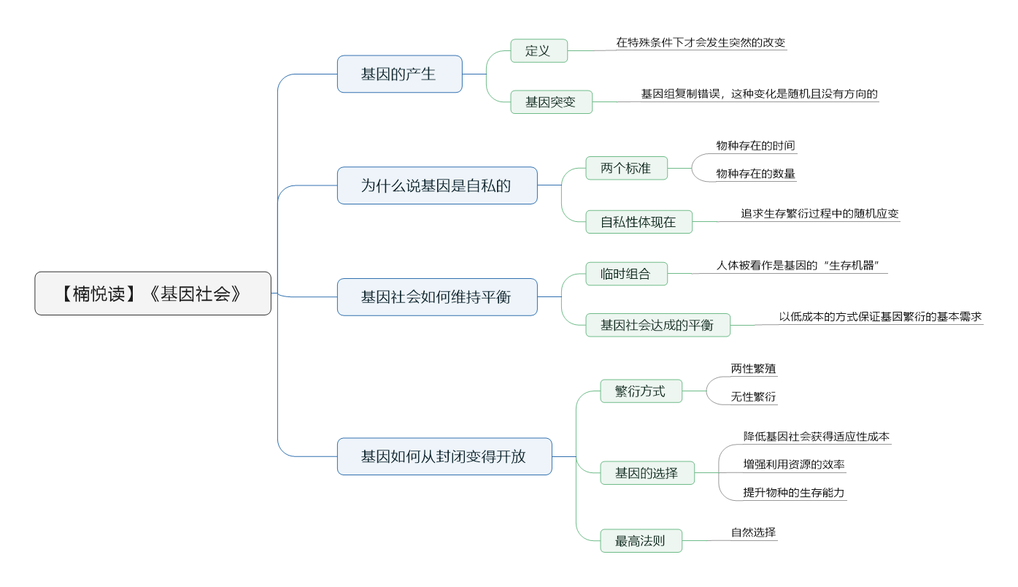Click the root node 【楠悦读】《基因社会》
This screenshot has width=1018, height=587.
point(153,293)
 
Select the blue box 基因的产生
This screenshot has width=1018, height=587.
point(399,74)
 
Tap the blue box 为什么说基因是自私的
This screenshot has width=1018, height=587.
point(437,185)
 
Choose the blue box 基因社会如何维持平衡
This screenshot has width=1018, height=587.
point(437,297)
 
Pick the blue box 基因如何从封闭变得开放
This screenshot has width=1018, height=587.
point(444,456)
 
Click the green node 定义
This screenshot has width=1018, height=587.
point(539,50)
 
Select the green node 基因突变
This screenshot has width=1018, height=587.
point(551,102)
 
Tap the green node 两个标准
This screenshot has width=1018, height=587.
point(626,168)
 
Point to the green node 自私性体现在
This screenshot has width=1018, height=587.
point(639,222)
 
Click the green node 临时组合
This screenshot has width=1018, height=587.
point(626,274)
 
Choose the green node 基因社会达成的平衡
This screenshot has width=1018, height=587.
point(658,325)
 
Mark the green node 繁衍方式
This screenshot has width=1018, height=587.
point(641,391)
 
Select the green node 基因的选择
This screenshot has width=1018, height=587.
point(647,473)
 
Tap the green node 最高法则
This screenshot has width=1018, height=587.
point(641,540)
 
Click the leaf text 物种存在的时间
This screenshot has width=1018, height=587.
point(755,145)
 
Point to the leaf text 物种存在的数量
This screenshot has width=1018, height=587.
point(755,174)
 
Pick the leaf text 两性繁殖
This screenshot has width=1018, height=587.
point(753,369)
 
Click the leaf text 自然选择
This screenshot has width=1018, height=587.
point(753,532)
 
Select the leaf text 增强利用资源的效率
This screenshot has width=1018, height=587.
point(793,464)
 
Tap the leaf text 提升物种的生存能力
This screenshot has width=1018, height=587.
point(793,492)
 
